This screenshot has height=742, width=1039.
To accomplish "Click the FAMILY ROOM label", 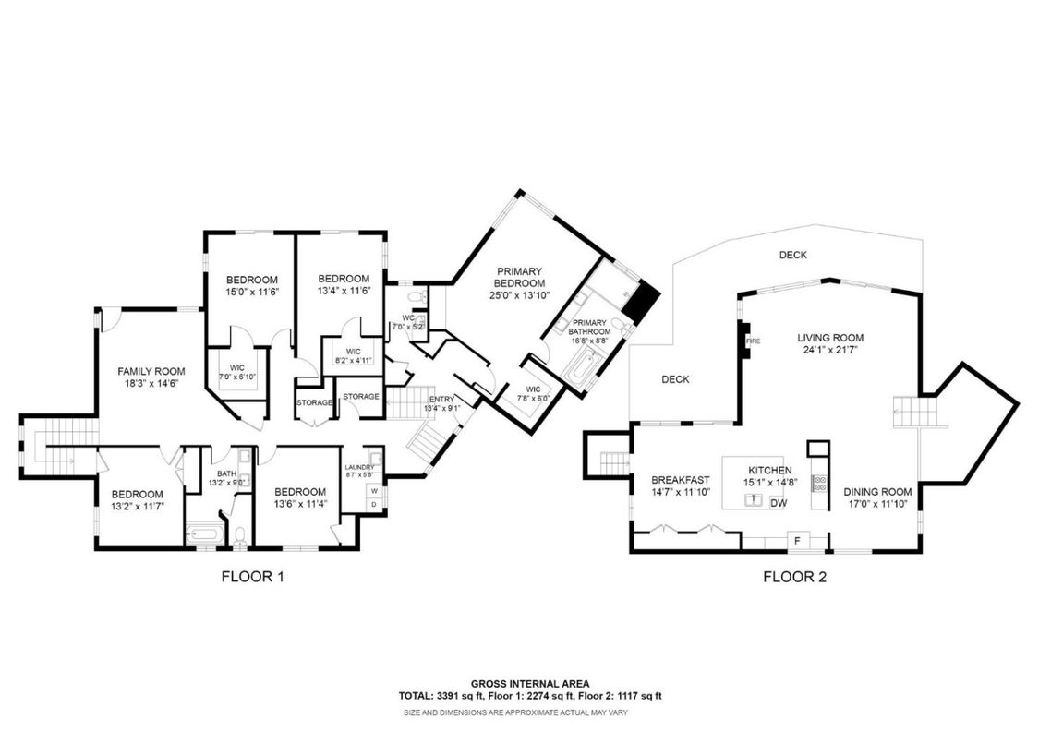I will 145,371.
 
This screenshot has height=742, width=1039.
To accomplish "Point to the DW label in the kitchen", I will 778,503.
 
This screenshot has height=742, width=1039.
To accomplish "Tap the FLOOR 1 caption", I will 252,578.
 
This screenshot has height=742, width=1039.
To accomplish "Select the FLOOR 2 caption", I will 793,578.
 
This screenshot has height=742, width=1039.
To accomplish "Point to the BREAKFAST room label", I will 680,480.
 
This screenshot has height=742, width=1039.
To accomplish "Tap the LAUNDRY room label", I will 358,467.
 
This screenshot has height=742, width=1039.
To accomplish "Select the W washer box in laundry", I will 374,491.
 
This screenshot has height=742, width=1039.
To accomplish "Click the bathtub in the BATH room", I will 202,533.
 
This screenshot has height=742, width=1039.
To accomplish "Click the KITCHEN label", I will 769,470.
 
